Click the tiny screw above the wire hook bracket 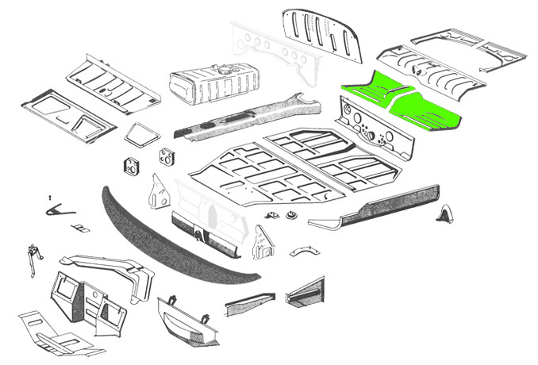(x=49, y=196)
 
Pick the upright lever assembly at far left (x=33, y=258)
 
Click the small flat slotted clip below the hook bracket (x=80, y=229)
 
